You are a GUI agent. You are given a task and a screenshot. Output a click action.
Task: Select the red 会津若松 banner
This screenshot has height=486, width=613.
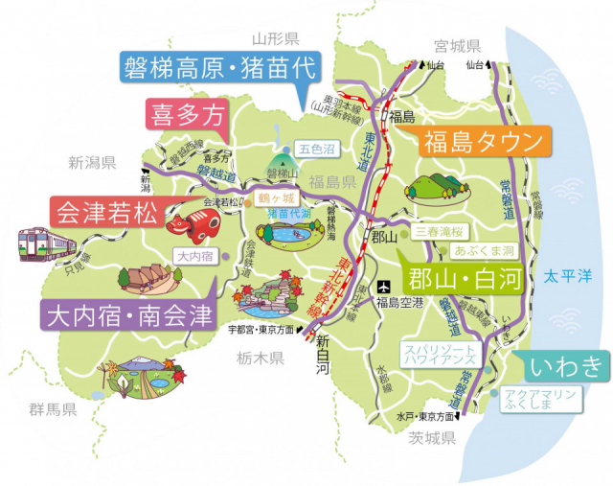click(x=104, y=212)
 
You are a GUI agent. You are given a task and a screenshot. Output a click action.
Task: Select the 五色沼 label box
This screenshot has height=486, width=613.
click(x=315, y=150)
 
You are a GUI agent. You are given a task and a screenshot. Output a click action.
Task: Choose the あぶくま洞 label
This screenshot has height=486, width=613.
click(x=484, y=251)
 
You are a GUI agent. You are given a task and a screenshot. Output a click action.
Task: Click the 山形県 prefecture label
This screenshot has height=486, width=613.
click(x=276, y=38)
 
